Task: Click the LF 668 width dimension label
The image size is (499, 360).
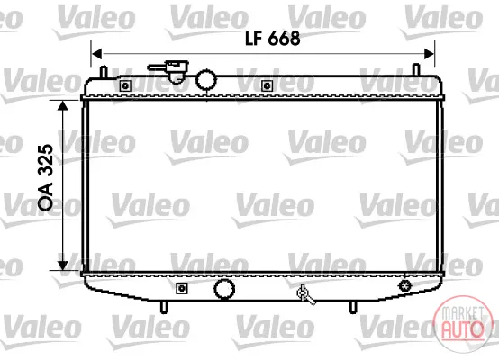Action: [x=272, y=39]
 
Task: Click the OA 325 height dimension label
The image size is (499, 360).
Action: [x=46, y=177]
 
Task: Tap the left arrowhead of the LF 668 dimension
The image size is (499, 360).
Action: [x=96, y=54]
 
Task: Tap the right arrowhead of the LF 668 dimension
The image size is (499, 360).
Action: [x=429, y=54]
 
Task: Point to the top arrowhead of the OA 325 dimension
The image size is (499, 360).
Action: [x=63, y=106]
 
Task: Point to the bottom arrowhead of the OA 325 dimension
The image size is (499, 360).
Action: [x=63, y=265]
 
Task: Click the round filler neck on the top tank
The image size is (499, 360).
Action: [x=206, y=80]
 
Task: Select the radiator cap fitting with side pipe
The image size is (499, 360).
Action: [x=169, y=72]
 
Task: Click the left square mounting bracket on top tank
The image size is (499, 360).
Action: [x=125, y=85]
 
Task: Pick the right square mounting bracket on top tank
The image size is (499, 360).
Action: [x=267, y=85]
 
